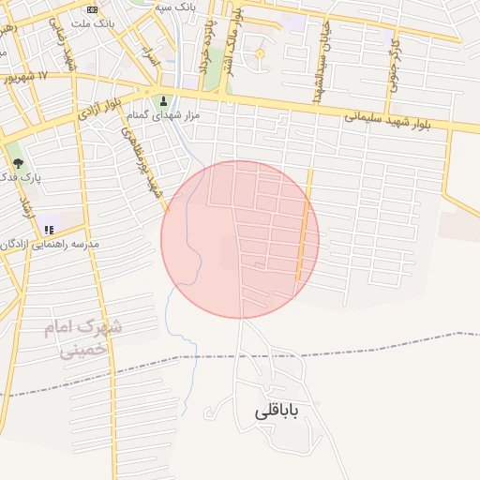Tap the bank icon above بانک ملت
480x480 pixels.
coord(92,8)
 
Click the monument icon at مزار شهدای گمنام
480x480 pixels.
coord(165,101)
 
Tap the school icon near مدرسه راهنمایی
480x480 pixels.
coord(49,228)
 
